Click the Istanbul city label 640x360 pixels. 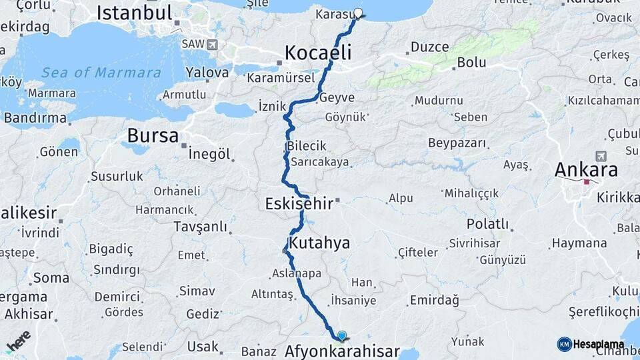tap(135, 13)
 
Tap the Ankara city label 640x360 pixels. tap(586, 169)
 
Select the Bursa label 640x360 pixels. tap(153, 136)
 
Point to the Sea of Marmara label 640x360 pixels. tap(101, 73)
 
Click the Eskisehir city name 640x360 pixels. tap(299, 203)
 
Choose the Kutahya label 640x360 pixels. tap(319, 243)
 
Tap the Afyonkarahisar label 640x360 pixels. tap(342, 351)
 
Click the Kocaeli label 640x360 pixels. tap(318, 53)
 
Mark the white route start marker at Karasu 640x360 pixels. tap(358, 13)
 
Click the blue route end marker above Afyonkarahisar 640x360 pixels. tap(342, 336)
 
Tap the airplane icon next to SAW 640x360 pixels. tap(212, 44)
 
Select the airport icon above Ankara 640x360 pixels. tap(600, 155)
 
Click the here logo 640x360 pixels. tap(18, 340)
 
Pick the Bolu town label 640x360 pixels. tap(471, 63)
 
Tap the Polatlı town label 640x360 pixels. tap(487, 223)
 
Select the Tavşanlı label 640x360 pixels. tap(200, 227)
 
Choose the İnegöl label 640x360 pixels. tap(209, 154)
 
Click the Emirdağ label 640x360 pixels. tap(434, 300)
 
